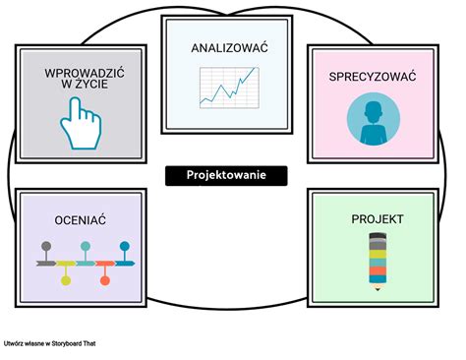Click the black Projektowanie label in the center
click(x=226, y=175)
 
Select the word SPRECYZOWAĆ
click(x=374, y=75)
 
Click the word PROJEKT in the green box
click(x=377, y=218)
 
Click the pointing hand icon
click(x=80, y=122)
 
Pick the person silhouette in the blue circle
click(x=374, y=119)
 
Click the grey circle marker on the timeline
click(x=46, y=246)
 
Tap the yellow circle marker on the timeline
click(x=66, y=281)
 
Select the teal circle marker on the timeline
click(x=86, y=246)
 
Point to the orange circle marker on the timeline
click(x=105, y=281)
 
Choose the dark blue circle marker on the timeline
click(x=125, y=246)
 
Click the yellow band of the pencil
click(x=377, y=254)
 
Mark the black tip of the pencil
click(x=377, y=290)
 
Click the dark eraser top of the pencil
click(x=377, y=237)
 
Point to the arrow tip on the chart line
click(x=254, y=70)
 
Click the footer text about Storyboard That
click(x=49, y=344)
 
